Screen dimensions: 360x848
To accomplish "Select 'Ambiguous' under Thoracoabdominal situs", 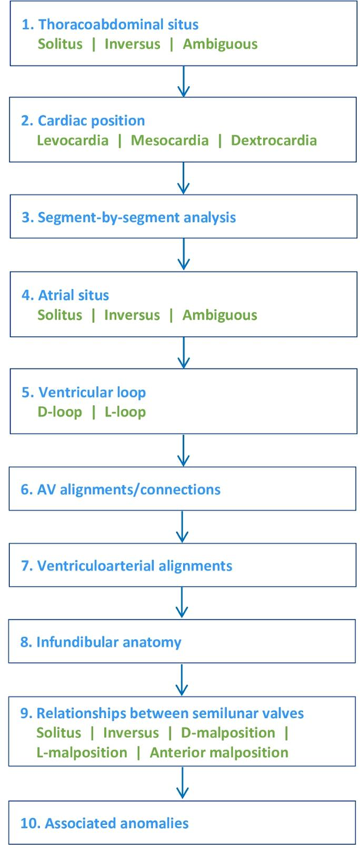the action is [220, 44].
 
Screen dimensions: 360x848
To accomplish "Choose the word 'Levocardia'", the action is [73, 141].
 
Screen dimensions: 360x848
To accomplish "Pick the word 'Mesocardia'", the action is [171, 141].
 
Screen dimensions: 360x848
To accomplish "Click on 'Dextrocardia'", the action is [274, 141].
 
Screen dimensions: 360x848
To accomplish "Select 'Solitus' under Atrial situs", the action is [59, 314].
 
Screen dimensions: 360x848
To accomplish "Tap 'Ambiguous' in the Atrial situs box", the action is [220, 314].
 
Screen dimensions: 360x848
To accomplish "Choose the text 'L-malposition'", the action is [82, 752].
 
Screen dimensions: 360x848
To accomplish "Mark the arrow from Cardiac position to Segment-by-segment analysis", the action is [184, 178].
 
